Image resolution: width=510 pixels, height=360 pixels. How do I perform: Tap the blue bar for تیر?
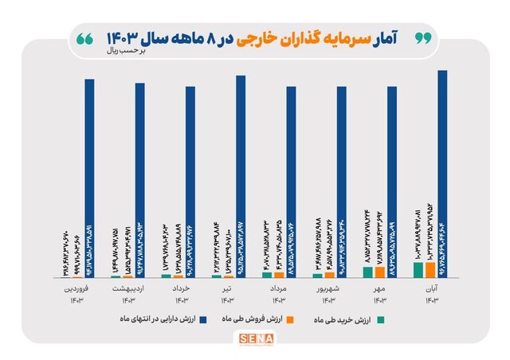(x=240, y=176)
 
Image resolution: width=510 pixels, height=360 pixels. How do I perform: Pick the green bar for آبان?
(x=418, y=270)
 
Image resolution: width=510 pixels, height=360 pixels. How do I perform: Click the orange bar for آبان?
(x=430, y=270)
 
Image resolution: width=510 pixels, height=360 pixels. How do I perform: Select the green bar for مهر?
(x=367, y=272)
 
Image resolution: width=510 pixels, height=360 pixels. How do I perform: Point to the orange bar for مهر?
(x=379, y=272)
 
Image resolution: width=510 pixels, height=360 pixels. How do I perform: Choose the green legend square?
(x=382, y=319)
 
